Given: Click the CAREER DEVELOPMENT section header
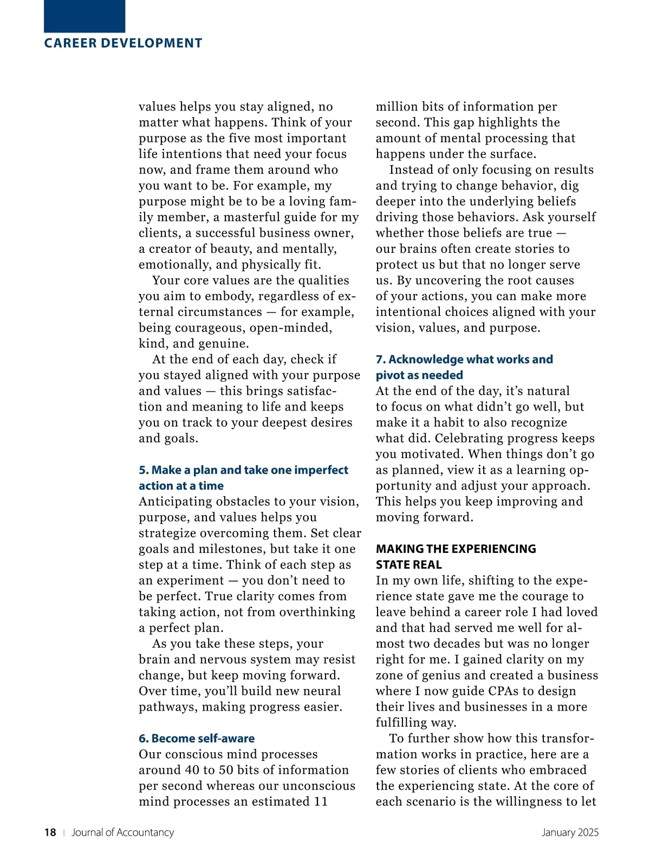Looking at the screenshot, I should pyautogui.click(x=123, y=43).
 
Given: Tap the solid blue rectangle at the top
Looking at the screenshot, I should pyautogui.click(x=84, y=16).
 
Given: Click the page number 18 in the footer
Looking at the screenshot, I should pyautogui.click(x=50, y=832).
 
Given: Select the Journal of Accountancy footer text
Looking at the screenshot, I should pyautogui.click(x=123, y=832).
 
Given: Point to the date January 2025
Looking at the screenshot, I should pyautogui.click(x=570, y=832).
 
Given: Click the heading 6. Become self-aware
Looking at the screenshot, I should pyautogui.click(x=197, y=738).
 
